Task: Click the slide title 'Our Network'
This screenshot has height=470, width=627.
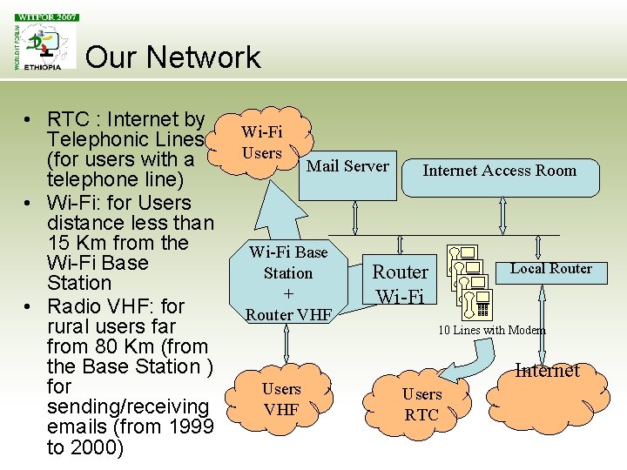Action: (x=173, y=57)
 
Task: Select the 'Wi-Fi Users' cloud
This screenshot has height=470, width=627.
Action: (x=262, y=142)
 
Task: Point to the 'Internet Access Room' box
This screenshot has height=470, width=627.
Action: (x=499, y=171)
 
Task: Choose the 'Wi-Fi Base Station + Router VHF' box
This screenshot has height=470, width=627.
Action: (x=287, y=283)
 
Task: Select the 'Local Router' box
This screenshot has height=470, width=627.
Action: (x=550, y=269)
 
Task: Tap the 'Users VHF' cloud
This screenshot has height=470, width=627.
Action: (x=280, y=398)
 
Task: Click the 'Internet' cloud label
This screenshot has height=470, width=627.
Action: (x=547, y=371)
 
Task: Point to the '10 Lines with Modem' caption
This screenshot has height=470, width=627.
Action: (x=491, y=330)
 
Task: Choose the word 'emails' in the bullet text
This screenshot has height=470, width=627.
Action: (x=72, y=427)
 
